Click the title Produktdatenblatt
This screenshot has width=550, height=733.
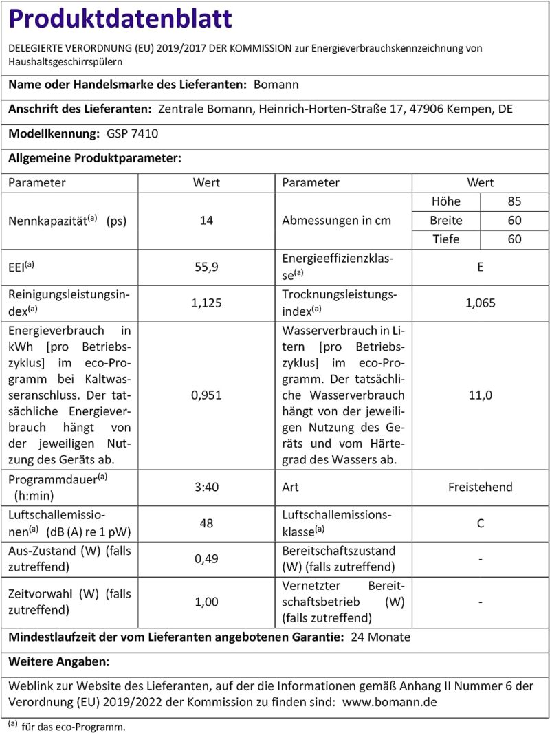tap(120, 19)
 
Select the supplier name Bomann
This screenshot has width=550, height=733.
tap(276, 85)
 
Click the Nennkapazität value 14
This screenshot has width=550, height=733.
tap(206, 221)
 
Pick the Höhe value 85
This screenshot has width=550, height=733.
tap(514, 202)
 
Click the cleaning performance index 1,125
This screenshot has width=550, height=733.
tap(206, 301)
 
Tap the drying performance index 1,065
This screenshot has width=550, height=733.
tap(480, 301)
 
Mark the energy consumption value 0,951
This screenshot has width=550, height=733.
tap(206, 395)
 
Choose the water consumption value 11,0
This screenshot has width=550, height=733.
tap(480, 395)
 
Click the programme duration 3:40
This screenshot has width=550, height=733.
tap(206, 487)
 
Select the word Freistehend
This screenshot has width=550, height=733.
tap(480, 487)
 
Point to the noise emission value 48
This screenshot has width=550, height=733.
tap(206, 523)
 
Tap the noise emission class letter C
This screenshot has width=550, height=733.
tap(480, 523)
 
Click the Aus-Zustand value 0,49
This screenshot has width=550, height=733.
tap(206, 559)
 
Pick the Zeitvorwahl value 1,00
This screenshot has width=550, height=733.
tap(206, 602)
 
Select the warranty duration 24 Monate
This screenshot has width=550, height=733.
tap(380, 637)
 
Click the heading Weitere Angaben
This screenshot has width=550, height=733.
tap(58, 661)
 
